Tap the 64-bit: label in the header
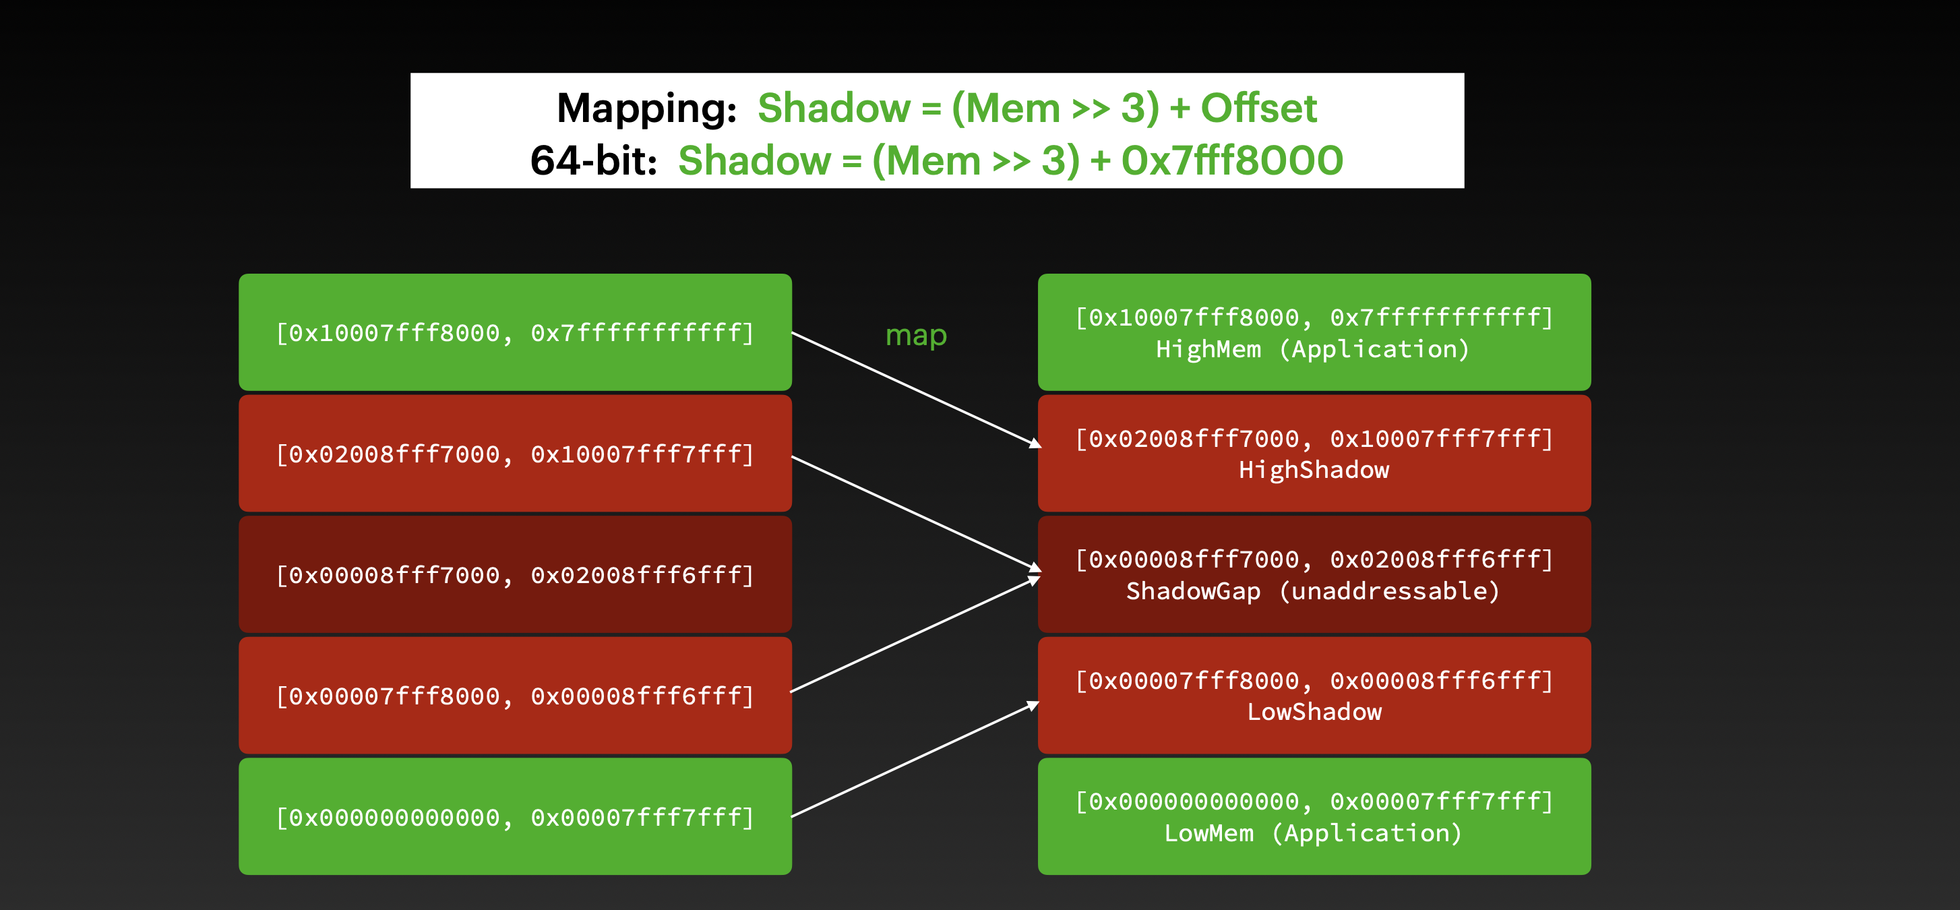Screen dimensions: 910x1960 594,161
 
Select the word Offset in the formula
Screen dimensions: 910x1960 1258,109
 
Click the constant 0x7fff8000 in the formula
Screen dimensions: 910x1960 1233,161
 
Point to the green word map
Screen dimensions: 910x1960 916,335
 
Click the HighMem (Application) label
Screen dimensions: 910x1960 1313,349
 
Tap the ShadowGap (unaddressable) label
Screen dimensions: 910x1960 1313,591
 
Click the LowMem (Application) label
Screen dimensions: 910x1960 1313,833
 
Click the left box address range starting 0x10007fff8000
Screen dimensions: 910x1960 515,333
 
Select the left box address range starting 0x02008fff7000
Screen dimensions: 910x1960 515,454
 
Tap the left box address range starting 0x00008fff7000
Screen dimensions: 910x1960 515,575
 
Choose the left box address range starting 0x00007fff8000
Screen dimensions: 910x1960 515,696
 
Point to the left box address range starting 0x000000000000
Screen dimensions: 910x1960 515,817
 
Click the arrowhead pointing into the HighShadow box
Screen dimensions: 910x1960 1035,443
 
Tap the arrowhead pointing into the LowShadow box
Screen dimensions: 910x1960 1033,705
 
